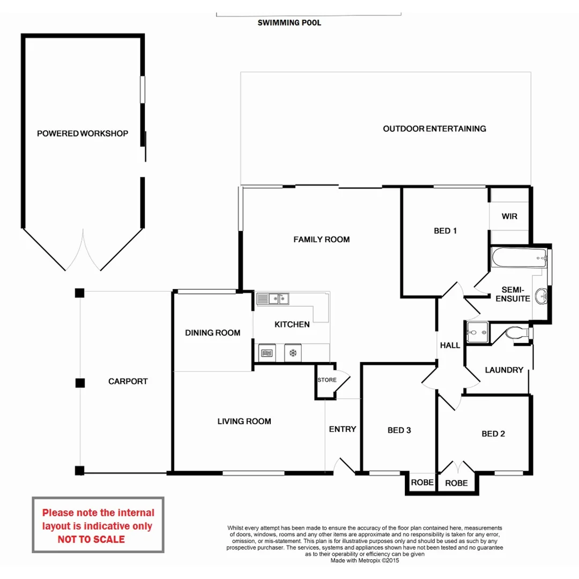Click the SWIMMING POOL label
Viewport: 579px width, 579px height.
tap(289, 23)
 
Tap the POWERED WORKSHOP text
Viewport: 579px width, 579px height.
tap(83, 133)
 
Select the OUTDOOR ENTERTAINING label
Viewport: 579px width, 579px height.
tap(434, 129)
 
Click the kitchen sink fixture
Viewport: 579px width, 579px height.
tap(273, 299)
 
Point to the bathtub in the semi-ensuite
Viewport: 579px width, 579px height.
tap(519, 257)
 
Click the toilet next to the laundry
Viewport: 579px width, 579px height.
tap(519, 333)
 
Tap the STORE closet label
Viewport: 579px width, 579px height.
tap(327, 380)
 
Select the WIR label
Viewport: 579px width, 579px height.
tap(509, 217)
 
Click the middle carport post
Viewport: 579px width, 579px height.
tap(80, 383)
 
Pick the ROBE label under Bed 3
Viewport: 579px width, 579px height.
tap(422, 482)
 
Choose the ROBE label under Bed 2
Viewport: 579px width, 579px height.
tap(456, 484)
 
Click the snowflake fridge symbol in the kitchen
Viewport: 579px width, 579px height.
tap(293, 353)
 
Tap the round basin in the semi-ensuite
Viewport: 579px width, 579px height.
tap(541, 296)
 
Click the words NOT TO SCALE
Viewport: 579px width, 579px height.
tap(91, 539)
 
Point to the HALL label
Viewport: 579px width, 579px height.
tap(450, 346)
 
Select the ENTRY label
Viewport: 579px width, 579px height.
tap(342, 429)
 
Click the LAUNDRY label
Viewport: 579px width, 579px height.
tap(504, 370)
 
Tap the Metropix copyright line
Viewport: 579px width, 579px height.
tap(365, 561)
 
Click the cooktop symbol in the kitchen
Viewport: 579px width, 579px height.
tap(267, 353)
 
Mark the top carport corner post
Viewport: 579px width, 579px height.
tap(80, 293)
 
